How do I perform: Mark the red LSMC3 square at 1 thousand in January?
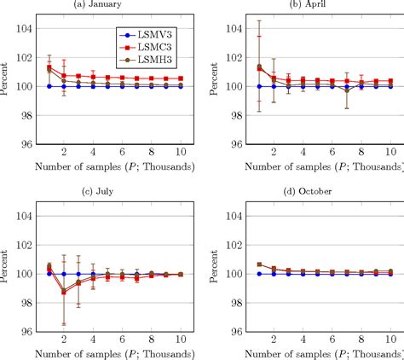tap(49, 67)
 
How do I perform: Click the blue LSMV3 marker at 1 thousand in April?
tap(258, 86)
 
